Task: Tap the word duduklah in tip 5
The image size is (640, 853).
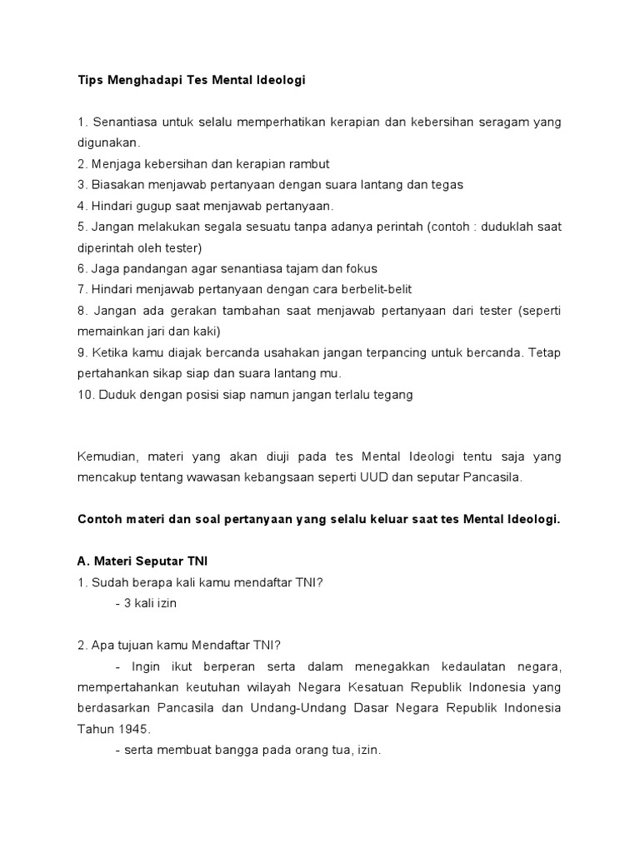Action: [504, 227]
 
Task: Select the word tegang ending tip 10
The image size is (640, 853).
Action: [392, 394]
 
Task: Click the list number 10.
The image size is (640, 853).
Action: [85, 394]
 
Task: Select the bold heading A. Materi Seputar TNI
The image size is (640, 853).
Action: [143, 561]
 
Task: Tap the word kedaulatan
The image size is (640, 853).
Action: [459, 666]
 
